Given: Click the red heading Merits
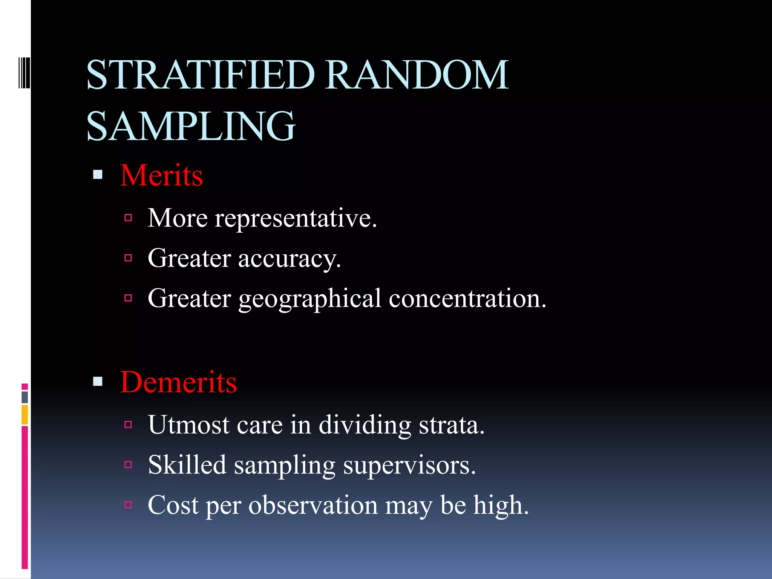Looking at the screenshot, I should pos(161,176).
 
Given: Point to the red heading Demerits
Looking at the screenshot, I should pos(178,382).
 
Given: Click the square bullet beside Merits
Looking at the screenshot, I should pos(98,175).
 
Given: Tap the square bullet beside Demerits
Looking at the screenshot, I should pos(98,381).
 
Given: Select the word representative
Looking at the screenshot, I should pos(296,219).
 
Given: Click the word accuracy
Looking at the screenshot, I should pos(289,259).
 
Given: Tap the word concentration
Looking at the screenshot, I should pos(467,299).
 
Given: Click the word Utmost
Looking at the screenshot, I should pos(188,425).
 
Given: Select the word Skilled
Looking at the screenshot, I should pos(187,465).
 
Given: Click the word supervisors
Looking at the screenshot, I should pos(409,466).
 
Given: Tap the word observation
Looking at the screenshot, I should pos(313,505).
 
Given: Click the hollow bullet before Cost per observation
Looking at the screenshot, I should pos(128,505).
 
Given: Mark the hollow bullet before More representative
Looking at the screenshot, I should pos(128,218).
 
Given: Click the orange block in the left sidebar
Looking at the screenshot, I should pos(25,415).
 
